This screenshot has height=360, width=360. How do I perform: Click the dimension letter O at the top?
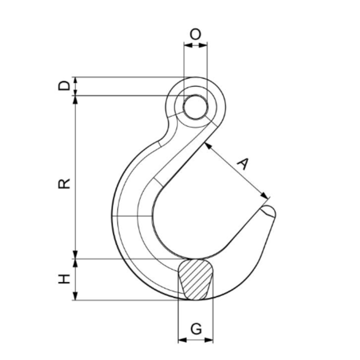pyautogui.click(x=195, y=34)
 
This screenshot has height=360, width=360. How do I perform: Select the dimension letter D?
pyautogui.click(x=65, y=86)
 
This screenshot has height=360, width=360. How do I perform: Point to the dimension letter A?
pyautogui.click(x=243, y=163)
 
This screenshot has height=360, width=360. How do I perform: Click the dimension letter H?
pyautogui.click(x=65, y=279)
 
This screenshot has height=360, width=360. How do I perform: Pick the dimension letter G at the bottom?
pyautogui.click(x=195, y=329)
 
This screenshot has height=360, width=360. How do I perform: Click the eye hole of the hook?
pyautogui.click(x=194, y=106)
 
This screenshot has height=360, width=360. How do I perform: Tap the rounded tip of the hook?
pyautogui.click(x=270, y=212)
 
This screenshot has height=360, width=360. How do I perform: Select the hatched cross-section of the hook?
pyautogui.click(x=195, y=280)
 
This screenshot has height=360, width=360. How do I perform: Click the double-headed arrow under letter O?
pyautogui.click(x=195, y=47)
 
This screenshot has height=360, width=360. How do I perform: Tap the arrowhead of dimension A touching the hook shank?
pyautogui.click(x=207, y=145)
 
